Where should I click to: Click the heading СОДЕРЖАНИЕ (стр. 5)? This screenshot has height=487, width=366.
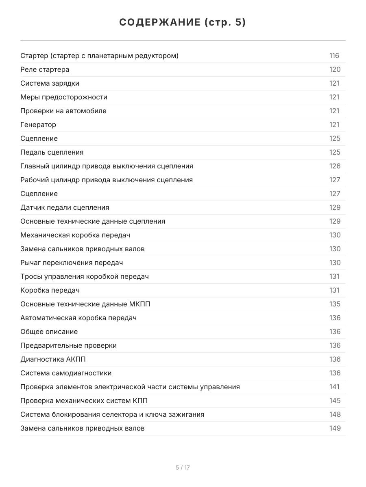[183, 22]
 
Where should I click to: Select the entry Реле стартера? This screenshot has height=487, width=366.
[45, 69]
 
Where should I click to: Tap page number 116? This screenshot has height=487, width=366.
[334, 56]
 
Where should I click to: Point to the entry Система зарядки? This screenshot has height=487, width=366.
[50, 83]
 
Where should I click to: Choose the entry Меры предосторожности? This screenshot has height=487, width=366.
[64, 97]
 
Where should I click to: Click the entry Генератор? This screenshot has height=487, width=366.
[38, 125]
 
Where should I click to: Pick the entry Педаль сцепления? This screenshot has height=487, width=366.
[52, 152]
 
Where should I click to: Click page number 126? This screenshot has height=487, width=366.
[335, 166]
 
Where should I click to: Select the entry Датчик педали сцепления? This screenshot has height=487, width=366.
[65, 207]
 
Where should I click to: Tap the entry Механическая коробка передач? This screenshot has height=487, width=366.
[75, 235]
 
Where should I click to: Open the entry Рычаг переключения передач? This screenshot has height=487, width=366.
[72, 263]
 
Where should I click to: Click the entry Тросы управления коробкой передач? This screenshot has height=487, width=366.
[85, 276]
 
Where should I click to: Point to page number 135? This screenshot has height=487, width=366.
[335, 304]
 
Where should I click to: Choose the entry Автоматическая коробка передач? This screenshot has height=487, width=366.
[78, 318]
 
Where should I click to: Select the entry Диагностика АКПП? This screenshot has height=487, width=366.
[53, 359]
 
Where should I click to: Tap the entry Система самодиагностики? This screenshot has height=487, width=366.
[66, 373]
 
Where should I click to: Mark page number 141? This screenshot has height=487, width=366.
[334, 387]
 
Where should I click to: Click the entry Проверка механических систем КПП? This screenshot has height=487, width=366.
[84, 401]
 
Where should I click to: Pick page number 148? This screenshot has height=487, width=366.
[335, 414]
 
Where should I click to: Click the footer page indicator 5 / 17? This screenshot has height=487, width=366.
[183, 468]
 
